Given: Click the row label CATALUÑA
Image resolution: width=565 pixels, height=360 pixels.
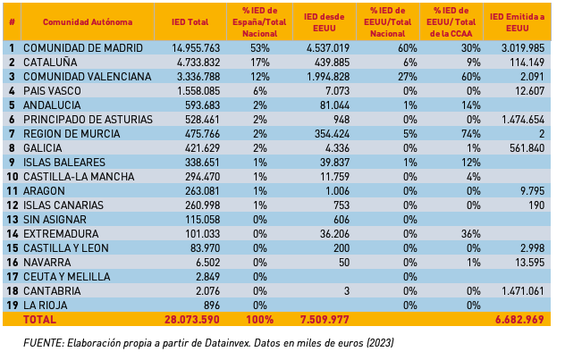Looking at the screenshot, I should point(50,63).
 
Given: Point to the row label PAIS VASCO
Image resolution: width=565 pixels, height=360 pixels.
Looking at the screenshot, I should point(53,91).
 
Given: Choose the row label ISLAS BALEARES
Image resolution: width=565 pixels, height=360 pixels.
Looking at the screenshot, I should point(64,163).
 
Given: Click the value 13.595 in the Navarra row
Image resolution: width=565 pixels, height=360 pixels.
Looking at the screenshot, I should point(524,263).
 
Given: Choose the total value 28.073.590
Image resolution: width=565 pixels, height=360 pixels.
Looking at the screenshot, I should point(190,319).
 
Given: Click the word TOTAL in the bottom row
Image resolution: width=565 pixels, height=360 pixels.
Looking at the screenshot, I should point(39,319).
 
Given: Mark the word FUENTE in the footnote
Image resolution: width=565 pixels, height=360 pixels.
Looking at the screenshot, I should point(42,343).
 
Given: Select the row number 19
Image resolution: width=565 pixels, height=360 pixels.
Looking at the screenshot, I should point(12,305).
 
